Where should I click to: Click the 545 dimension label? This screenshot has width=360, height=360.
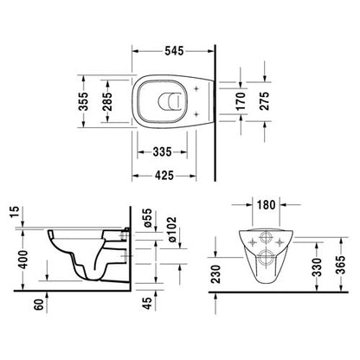click(x=174, y=51)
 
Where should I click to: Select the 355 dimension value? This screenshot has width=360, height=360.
click(x=84, y=101)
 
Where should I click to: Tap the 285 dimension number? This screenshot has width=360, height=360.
click(x=107, y=101)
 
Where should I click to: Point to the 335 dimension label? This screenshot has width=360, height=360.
click(x=162, y=151)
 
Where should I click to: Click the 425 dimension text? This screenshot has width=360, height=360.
click(x=164, y=176)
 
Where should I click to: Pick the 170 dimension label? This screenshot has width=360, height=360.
click(x=241, y=101)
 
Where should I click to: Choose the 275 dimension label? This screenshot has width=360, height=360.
click(x=264, y=101)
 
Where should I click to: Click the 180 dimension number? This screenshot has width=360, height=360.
click(x=266, y=205)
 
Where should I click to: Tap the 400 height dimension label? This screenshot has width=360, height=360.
click(x=23, y=260)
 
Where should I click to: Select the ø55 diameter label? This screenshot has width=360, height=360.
click(x=147, y=218)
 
